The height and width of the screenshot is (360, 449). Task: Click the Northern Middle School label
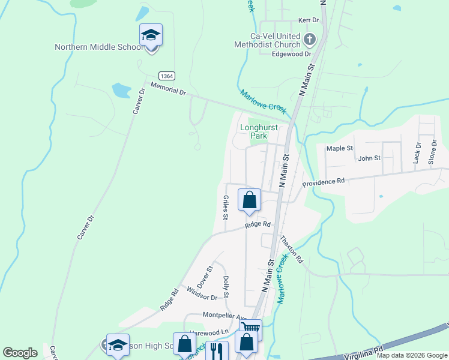coord(98,47)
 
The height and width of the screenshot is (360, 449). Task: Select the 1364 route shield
coord(168,76)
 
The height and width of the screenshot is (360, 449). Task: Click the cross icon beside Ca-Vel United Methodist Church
coord(309,40)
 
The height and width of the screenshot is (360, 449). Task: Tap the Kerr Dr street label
coord(309,20)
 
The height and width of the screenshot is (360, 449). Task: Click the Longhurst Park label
coord(262,131)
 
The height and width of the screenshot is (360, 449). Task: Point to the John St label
coord(369,158)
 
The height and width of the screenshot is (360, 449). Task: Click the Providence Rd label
coord(324,181)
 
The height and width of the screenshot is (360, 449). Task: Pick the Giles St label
coord(226,207)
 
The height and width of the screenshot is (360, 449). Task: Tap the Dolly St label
coord(226,287)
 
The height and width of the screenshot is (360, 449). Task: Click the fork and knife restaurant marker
coord(217,351)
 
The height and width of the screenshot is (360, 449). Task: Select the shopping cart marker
coord(250,329)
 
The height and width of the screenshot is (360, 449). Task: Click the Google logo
coord(20,353)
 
